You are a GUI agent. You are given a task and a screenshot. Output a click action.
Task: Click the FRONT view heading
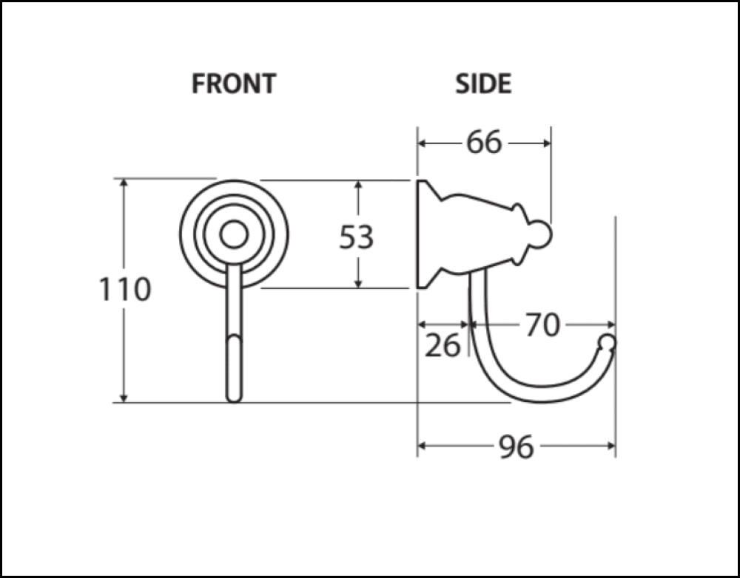tap(233, 84)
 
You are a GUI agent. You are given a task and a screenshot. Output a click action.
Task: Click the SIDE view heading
tap(483, 84)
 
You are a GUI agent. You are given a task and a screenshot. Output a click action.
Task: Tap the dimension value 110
tap(125, 290)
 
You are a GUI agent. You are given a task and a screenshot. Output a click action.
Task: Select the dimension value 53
tap(357, 237)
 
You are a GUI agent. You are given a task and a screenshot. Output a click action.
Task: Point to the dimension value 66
tap(484, 143)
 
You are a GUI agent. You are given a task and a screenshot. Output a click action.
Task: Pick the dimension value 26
tap(443, 344)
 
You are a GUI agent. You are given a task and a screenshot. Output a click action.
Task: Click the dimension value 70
tap(542, 324)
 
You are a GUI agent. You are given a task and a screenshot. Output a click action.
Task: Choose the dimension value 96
tap(516, 446)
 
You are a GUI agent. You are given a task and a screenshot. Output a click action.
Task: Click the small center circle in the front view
tap(234, 234)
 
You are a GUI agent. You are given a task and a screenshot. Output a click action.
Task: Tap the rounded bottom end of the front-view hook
tap(234, 395)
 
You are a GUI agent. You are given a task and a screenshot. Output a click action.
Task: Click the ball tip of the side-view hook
tap(607, 342)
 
